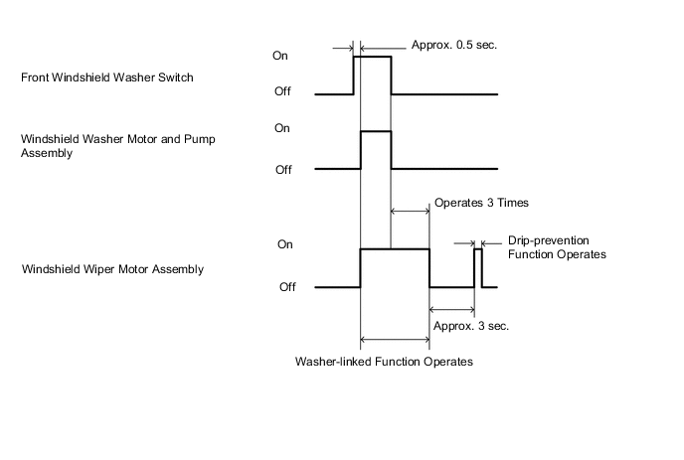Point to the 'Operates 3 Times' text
coord(481,203)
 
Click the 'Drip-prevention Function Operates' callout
coord(557,247)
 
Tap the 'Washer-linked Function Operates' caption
coord(384,362)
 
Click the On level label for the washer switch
coord(281,56)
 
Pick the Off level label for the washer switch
coord(282,94)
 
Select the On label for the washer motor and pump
coord(281,128)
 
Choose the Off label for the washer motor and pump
coord(282,170)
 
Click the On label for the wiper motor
coord(285,244)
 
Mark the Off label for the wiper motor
coord(287,287)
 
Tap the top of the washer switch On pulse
coord(372,57)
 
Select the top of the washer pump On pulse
coord(375,131)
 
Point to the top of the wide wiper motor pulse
coord(394,249)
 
